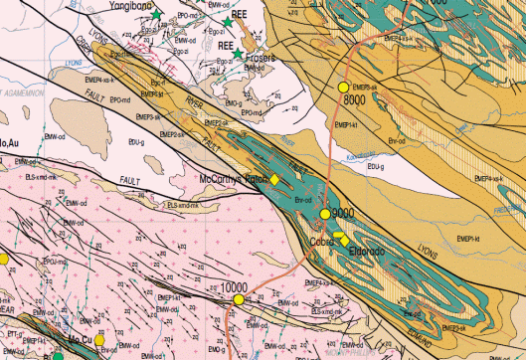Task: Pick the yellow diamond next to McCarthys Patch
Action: [275, 179]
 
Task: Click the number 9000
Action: [343, 213]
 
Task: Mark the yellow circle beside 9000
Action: [325, 214]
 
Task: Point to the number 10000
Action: [235, 286]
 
